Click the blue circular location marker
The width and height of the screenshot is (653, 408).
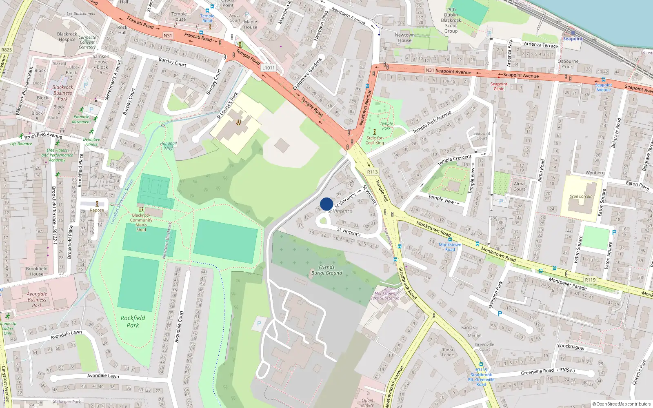(x=326, y=204)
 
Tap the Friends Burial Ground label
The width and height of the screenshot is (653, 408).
(x=326, y=270)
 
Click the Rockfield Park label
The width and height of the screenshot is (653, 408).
(x=133, y=322)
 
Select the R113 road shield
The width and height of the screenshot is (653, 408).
(x=372, y=172)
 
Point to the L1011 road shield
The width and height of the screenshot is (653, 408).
(x=269, y=68)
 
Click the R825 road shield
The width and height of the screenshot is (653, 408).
(x=7, y=50)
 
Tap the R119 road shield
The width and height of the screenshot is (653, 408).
(x=590, y=280)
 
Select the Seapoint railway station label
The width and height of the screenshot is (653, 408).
(x=573, y=39)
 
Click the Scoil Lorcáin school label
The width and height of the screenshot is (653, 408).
(x=581, y=196)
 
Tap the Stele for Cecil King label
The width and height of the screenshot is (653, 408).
(x=374, y=140)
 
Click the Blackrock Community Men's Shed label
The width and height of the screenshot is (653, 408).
(x=141, y=222)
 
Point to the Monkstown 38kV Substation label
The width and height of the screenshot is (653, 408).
(x=384, y=296)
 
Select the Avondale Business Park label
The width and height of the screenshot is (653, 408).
(x=37, y=299)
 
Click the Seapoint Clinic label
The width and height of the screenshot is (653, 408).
(x=499, y=86)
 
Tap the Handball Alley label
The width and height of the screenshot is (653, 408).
(x=169, y=146)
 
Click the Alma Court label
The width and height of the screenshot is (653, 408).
(x=519, y=186)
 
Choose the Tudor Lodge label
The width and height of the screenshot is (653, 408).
(x=448, y=352)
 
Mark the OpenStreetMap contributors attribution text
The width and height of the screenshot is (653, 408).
(x=622, y=404)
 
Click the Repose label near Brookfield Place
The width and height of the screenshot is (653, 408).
(x=97, y=210)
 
